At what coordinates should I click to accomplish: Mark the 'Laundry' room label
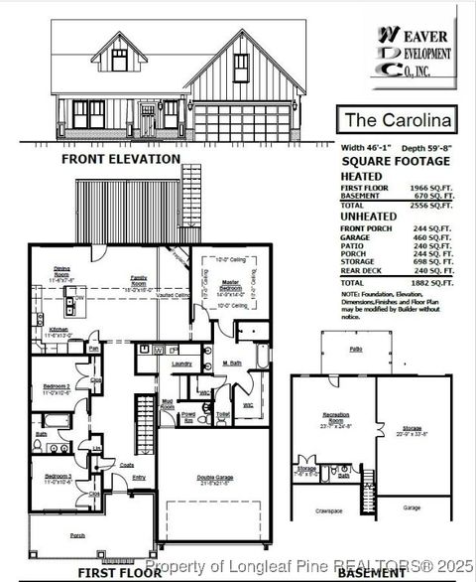[181, 364]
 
